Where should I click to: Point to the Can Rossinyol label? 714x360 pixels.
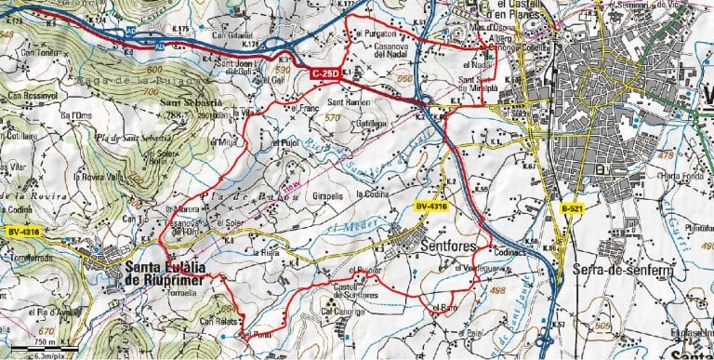pyautogui.click(x=33, y=94)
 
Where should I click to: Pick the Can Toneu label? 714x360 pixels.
pyautogui.click(x=27, y=53)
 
